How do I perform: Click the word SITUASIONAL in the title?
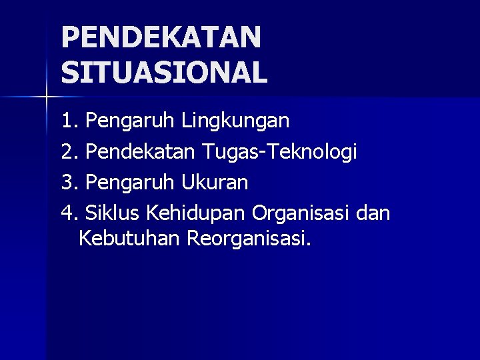click(x=164, y=72)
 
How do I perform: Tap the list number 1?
click(x=68, y=121)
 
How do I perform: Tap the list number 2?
click(x=68, y=152)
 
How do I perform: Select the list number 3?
click(x=68, y=182)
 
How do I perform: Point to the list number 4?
click(x=68, y=213)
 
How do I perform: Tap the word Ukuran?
click(x=215, y=182)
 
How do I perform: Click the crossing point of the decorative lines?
click(x=46, y=97)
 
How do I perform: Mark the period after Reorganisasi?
click(x=309, y=244)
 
